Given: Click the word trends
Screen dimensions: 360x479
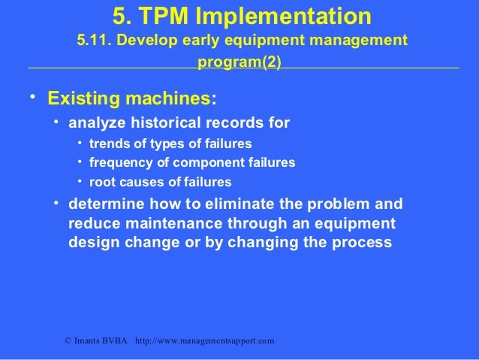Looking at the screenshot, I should [110, 143].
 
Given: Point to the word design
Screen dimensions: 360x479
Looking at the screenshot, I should [91, 244].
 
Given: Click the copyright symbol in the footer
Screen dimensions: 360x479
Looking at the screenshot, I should [68, 341].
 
